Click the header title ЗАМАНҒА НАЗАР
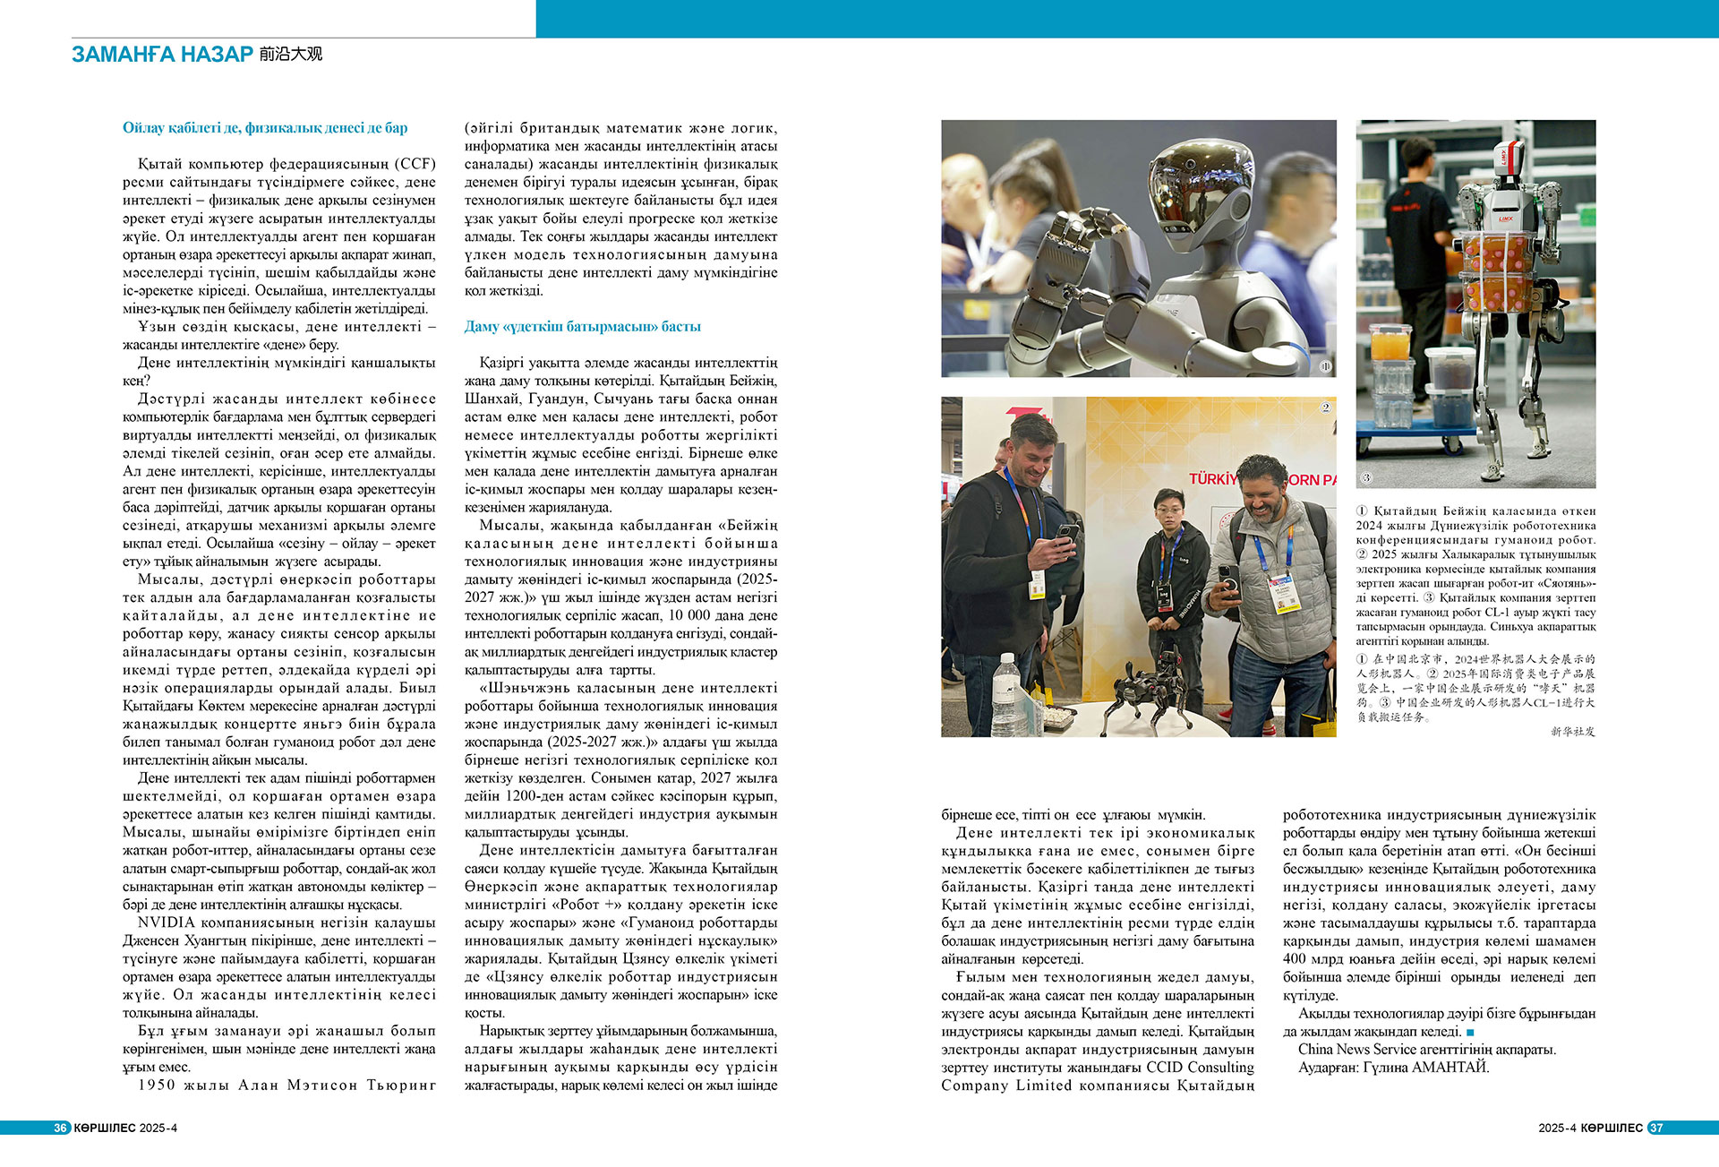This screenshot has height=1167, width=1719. (162, 55)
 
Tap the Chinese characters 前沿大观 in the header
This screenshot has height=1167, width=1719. (291, 55)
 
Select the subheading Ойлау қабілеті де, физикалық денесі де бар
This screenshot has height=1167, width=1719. (265, 128)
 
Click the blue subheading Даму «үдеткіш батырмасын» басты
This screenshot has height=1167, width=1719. (582, 327)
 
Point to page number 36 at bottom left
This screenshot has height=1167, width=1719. (61, 1128)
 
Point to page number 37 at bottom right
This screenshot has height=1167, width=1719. (1655, 1128)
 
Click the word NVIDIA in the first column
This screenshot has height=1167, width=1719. (166, 922)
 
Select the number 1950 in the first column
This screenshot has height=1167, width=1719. (157, 1085)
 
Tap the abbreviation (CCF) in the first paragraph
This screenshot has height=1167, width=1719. (417, 164)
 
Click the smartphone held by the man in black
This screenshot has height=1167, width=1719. (1065, 536)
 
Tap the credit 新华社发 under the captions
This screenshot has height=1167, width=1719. (1572, 732)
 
